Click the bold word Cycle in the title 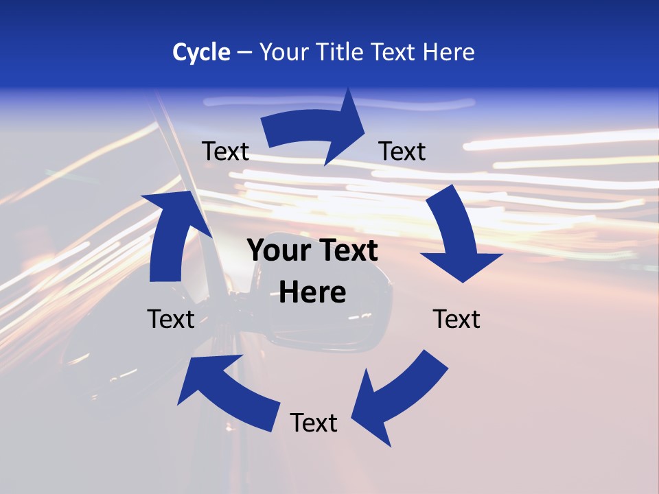[x=201, y=52]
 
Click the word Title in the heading [x=340, y=52]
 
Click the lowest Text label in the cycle [x=314, y=423]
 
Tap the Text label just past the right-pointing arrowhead [x=402, y=151]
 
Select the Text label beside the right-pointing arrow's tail [x=226, y=151]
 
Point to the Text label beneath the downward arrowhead [x=456, y=319]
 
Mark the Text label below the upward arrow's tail [x=171, y=319]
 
